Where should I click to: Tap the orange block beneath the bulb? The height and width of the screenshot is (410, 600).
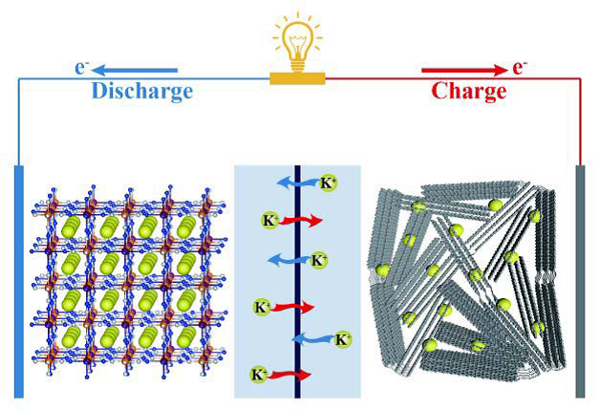coord(298,77)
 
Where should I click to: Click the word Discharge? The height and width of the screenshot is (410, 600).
coord(142,92)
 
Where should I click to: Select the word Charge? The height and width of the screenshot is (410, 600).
coord(469,92)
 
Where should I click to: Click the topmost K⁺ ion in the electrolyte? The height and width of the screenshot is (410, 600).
coord(328,183)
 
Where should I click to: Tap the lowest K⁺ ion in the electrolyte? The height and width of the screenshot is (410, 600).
coord(258,374)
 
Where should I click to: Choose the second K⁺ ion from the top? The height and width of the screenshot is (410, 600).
coord(270,221)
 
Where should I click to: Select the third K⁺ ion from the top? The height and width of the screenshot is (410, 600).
coord(323,259)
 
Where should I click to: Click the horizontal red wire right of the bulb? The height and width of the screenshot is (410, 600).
coord(449,79)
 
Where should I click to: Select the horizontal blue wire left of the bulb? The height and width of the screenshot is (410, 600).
coord(143,79)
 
